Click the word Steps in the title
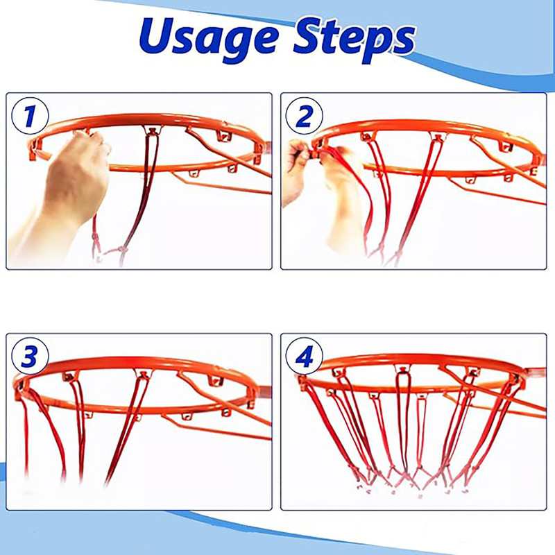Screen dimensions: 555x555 355,40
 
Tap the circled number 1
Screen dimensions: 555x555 30,116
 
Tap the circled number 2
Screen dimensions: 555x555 304,116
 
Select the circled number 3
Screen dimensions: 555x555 30,356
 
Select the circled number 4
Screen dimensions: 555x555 304,356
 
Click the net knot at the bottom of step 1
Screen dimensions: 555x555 123,249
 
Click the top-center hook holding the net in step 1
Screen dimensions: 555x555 152,130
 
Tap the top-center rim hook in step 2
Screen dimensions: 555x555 438,136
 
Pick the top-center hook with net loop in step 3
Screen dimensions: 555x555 143,374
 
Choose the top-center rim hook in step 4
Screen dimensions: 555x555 402,369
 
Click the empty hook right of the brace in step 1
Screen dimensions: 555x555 223,135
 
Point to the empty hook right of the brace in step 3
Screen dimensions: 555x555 215,380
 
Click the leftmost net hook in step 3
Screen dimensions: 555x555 21,388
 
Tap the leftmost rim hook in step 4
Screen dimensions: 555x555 304,382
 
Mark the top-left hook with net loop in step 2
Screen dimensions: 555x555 368,136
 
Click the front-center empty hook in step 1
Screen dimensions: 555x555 193,173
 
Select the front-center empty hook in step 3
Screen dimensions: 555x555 186,416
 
